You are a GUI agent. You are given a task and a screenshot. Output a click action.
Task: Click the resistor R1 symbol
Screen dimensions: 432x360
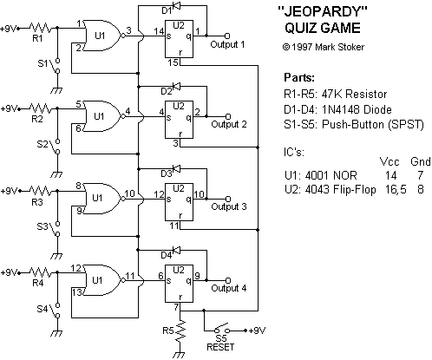41,28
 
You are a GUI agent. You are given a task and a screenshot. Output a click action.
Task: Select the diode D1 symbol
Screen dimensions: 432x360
176,5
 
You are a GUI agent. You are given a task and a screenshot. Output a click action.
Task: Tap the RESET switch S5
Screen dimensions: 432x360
222,329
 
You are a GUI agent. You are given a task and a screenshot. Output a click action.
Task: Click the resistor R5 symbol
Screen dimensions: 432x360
180,331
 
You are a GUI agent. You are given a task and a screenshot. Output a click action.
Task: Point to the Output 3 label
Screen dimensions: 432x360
229,206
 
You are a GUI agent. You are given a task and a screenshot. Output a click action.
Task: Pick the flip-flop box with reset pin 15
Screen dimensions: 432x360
179,39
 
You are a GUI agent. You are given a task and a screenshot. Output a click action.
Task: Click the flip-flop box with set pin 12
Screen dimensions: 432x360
179,202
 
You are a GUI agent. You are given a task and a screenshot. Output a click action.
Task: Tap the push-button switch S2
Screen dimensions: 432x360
56,147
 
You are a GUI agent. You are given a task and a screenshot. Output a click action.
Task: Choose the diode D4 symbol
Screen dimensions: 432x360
176,250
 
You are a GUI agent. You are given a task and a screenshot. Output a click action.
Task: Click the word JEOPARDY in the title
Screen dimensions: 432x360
323,12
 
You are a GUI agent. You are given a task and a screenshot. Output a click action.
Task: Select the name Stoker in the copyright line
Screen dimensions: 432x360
351,47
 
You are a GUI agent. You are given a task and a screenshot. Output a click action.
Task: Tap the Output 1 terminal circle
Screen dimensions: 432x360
227,36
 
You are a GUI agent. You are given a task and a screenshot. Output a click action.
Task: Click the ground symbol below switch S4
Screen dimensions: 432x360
57,333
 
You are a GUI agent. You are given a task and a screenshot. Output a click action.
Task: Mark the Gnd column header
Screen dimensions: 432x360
420,161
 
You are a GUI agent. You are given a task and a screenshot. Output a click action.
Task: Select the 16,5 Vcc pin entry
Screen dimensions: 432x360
396,190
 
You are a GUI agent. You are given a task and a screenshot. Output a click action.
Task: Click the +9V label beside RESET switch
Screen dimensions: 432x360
257,331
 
